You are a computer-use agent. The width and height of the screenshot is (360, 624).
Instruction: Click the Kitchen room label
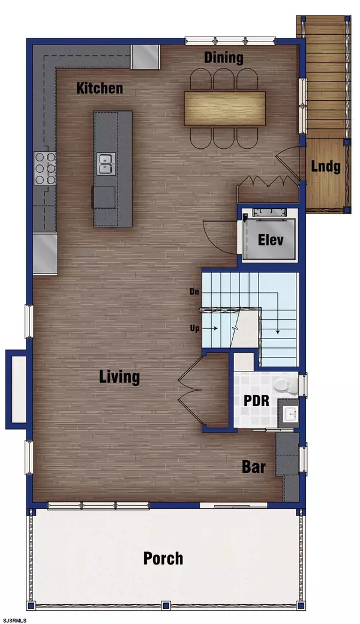tap(100, 88)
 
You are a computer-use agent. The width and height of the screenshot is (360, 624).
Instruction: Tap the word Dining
tap(224, 58)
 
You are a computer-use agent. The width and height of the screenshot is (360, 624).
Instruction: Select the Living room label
tap(119, 377)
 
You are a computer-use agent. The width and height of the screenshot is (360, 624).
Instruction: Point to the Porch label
tap(163, 559)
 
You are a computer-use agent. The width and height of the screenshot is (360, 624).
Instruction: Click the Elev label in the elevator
tap(271, 240)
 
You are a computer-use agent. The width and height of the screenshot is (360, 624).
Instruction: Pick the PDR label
tap(256, 401)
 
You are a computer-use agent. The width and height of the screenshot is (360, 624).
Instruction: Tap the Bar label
tap(254, 467)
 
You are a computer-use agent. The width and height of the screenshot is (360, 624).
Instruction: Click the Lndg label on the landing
tap(326, 166)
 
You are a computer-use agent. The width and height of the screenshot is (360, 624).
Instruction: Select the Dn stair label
tap(194, 292)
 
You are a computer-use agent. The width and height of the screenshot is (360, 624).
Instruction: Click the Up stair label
tap(195, 329)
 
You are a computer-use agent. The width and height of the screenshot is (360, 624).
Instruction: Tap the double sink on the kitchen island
tap(107, 164)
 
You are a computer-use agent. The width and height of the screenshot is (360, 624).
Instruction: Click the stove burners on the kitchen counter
tap(45, 169)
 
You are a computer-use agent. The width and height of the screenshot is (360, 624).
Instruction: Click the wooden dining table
tap(225, 109)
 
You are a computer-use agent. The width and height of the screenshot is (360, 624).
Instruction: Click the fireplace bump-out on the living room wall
tap(17, 389)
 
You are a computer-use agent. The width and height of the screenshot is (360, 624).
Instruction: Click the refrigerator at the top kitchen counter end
tap(146, 57)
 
